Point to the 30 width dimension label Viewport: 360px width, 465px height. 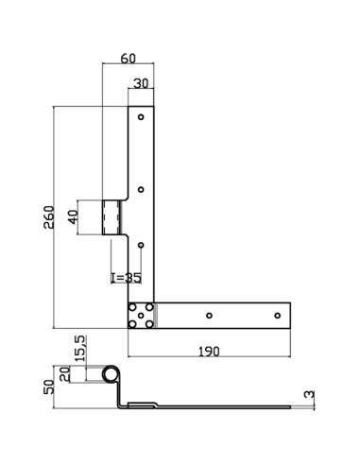(140, 83)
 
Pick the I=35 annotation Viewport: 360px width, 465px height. (125, 278)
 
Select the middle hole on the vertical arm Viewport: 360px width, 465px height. (140, 190)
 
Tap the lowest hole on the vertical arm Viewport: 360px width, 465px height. (140, 246)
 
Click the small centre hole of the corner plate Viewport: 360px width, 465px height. (140, 316)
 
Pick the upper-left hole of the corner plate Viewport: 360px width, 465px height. (132, 308)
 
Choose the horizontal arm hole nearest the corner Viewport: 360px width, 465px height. (209, 316)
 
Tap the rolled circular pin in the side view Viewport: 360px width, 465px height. (112, 374)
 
